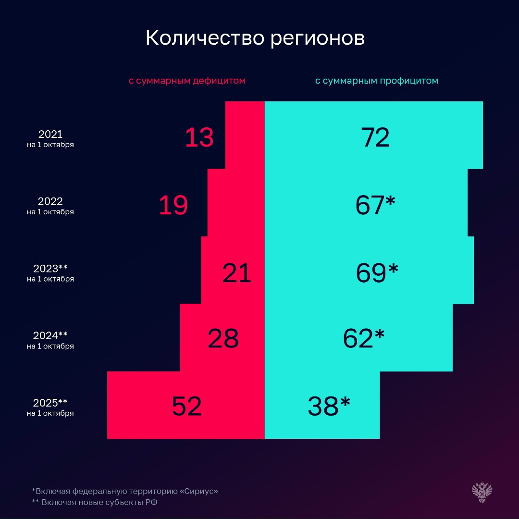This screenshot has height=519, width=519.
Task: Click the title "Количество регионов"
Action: pyautogui.click(x=255, y=38)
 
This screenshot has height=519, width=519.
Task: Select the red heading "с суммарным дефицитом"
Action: pyautogui.click(x=187, y=81)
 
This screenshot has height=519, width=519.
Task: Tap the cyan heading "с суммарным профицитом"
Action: pyautogui.click(x=376, y=81)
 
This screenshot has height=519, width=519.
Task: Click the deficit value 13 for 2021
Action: pyautogui.click(x=199, y=137)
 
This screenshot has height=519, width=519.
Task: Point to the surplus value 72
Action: pyautogui.click(x=375, y=137)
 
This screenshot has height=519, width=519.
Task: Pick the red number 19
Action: pyautogui.click(x=173, y=205)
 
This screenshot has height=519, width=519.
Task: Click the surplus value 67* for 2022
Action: pyautogui.click(x=375, y=205)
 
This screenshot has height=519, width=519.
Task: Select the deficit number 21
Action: pyautogui.click(x=236, y=273)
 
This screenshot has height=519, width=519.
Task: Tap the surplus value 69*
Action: pyautogui.click(x=377, y=272)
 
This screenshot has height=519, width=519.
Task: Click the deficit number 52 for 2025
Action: pyautogui.click(x=186, y=406)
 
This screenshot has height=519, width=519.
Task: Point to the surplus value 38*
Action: pyautogui.click(x=329, y=406)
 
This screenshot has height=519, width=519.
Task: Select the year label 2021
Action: pyautogui.click(x=50, y=134)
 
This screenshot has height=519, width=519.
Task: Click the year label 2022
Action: pyautogui.click(x=50, y=201)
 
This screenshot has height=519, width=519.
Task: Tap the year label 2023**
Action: pyautogui.click(x=50, y=269)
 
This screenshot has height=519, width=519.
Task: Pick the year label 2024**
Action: pyautogui.click(x=50, y=335)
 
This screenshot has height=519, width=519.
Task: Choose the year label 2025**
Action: pyautogui.click(x=50, y=403)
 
